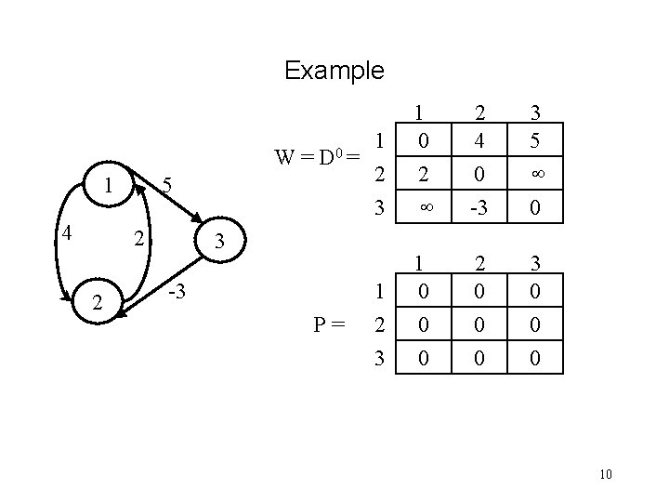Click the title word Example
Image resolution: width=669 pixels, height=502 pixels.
click(334, 70)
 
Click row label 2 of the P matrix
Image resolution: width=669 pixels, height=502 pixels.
click(378, 325)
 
